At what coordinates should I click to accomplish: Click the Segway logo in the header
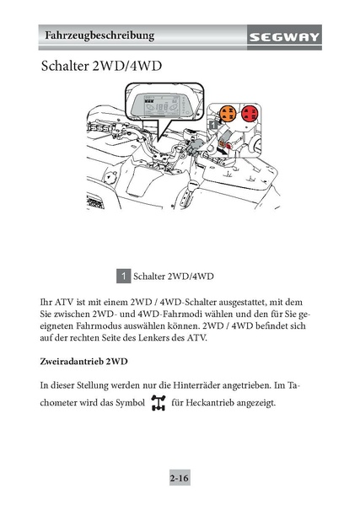[284, 37]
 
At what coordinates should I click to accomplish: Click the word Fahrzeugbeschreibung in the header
[99, 35]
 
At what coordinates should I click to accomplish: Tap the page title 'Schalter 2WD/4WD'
[101, 66]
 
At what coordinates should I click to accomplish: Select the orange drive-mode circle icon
[228, 114]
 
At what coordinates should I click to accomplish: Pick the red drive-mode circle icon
[250, 113]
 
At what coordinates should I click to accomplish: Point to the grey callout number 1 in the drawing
[213, 125]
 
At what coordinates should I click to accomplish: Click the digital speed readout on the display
[161, 108]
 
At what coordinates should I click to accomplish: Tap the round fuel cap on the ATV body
[110, 177]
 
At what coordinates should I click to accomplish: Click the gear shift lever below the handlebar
[186, 195]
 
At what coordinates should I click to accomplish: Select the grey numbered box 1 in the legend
[124, 276]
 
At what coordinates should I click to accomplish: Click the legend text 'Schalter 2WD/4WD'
[173, 277]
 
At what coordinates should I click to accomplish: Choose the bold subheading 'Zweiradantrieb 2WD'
[83, 362]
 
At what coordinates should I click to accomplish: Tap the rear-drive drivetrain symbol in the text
[159, 403]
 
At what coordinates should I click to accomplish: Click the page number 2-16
[180, 478]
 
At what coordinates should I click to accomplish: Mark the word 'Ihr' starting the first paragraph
[46, 302]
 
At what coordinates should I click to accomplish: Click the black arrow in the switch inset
[223, 149]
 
